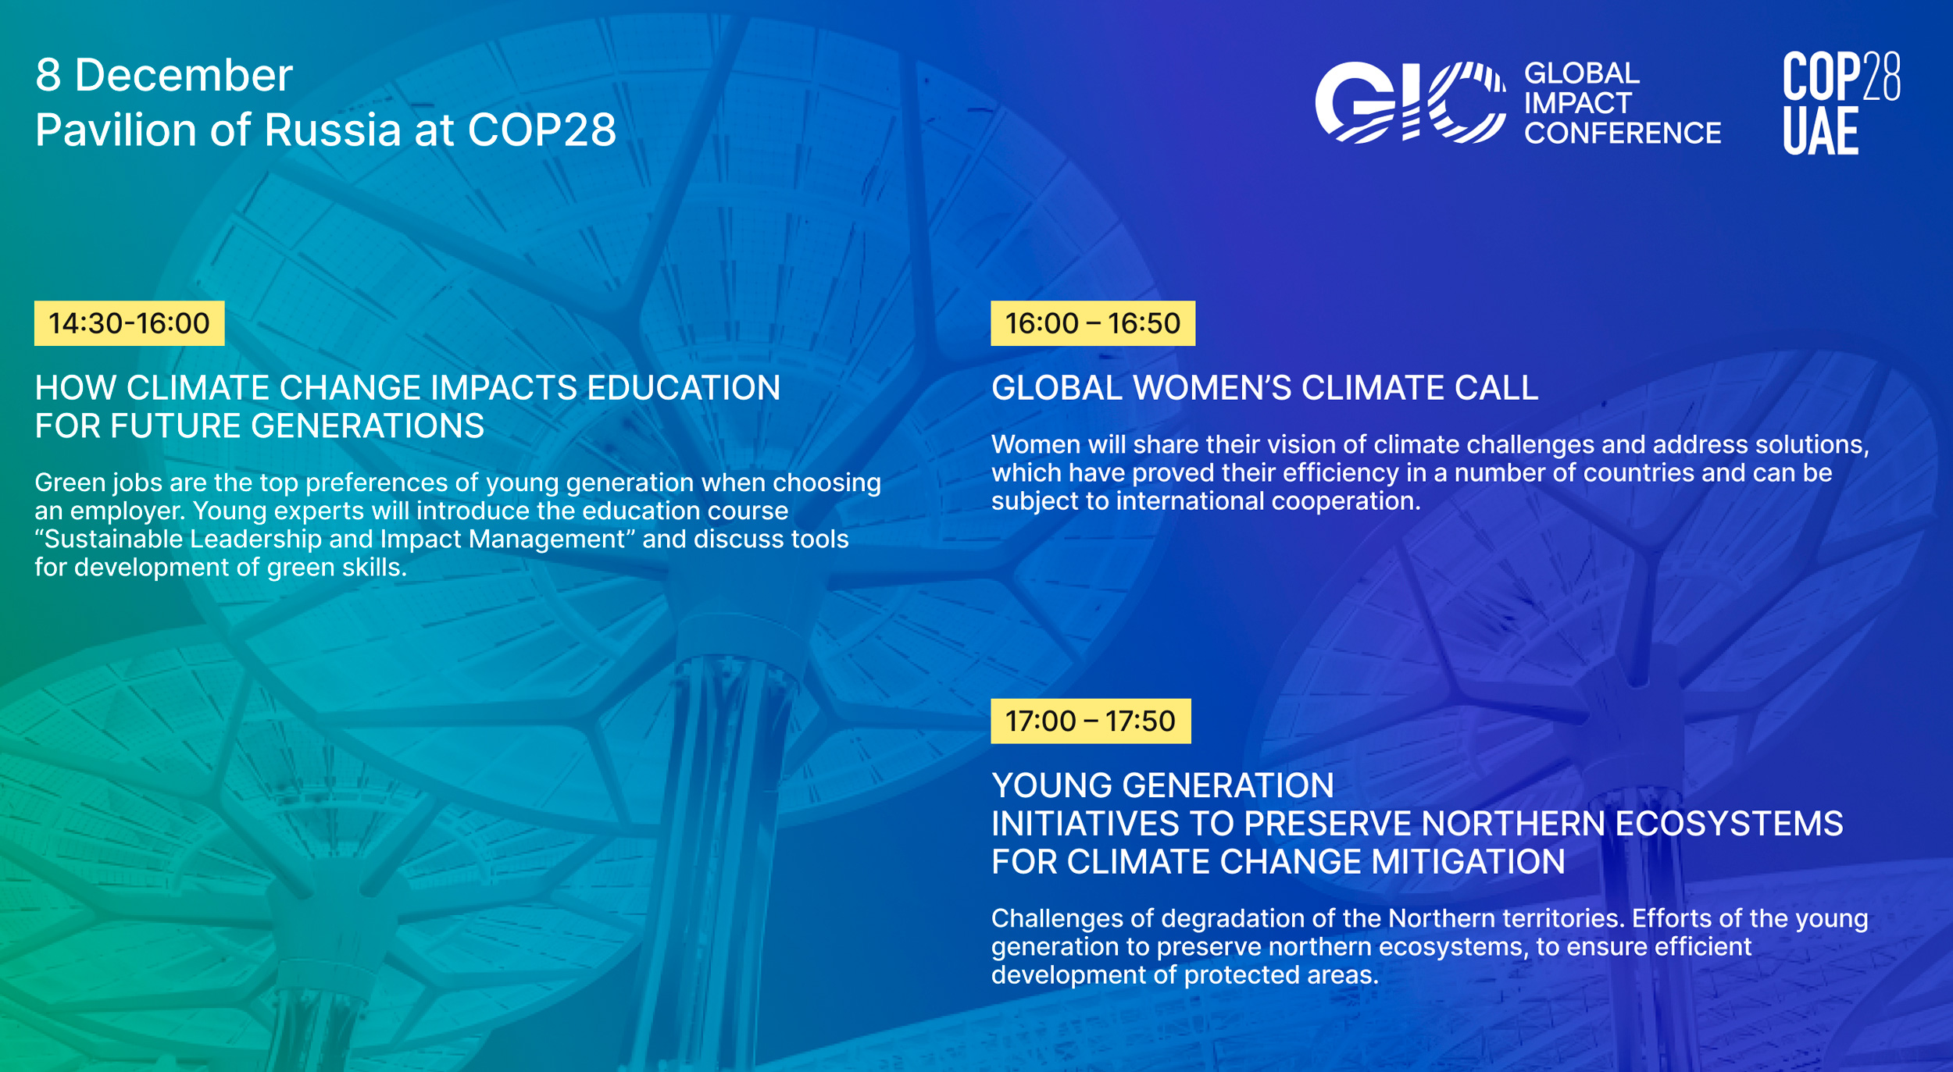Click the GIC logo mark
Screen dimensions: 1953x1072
(x=1410, y=102)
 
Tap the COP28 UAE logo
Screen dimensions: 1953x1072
(x=1841, y=102)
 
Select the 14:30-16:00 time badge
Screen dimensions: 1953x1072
(x=129, y=323)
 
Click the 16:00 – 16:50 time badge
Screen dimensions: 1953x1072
(x=1093, y=323)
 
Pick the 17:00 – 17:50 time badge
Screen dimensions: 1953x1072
(x=1091, y=721)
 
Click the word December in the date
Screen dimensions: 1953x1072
(x=184, y=76)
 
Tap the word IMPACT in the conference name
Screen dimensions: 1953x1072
(x=1577, y=103)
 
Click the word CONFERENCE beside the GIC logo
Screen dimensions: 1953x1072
(x=1623, y=134)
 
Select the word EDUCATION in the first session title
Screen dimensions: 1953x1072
(x=684, y=388)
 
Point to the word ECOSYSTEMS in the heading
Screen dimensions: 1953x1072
(x=1729, y=824)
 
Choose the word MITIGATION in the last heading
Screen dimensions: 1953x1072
(x=1468, y=862)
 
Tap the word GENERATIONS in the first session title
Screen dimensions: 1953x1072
(x=367, y=426)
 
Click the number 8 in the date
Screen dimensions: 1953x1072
(x=48, y=76)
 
